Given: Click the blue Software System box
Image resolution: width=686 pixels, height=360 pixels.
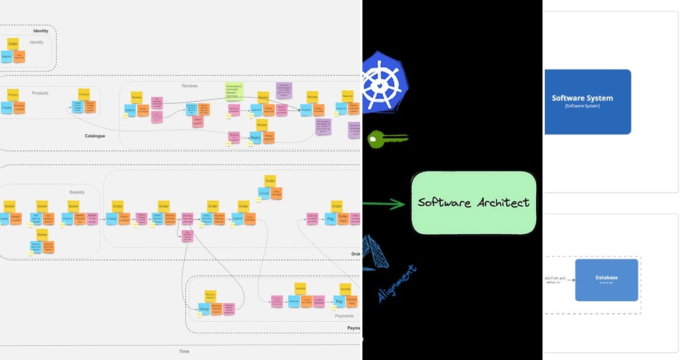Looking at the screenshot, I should [588, 102].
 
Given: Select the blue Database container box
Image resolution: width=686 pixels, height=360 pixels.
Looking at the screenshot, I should [606, 279].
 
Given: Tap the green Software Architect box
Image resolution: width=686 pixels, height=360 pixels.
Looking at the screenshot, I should [473, 203].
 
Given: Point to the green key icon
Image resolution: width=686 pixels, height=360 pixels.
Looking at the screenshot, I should [386, 139].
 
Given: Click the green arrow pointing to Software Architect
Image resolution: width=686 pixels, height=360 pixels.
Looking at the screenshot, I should [384, 203].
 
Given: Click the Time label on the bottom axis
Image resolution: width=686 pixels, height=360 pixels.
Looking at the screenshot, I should [184, 351].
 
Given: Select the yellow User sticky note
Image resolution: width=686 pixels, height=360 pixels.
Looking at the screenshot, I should [13, 43].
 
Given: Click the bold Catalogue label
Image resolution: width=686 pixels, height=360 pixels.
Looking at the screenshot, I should [95, 136].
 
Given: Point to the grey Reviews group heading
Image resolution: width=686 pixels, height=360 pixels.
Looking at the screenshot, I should [189, 86].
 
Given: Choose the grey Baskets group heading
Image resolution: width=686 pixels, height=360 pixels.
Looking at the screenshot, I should [77, 192].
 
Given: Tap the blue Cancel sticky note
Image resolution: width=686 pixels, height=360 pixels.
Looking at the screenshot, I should [264, 194].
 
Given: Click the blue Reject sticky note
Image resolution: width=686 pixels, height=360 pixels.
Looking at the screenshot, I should [256, 138].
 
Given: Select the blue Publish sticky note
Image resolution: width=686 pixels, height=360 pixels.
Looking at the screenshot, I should [306, 109].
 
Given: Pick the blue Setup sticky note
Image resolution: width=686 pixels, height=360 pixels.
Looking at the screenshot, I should [204, 309].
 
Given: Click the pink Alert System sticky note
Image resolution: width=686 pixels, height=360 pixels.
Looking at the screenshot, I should [198, 121].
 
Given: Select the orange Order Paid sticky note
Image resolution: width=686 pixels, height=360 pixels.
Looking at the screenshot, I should [343, 218].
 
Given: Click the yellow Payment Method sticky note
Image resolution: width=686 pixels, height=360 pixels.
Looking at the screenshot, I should [210, 296].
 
